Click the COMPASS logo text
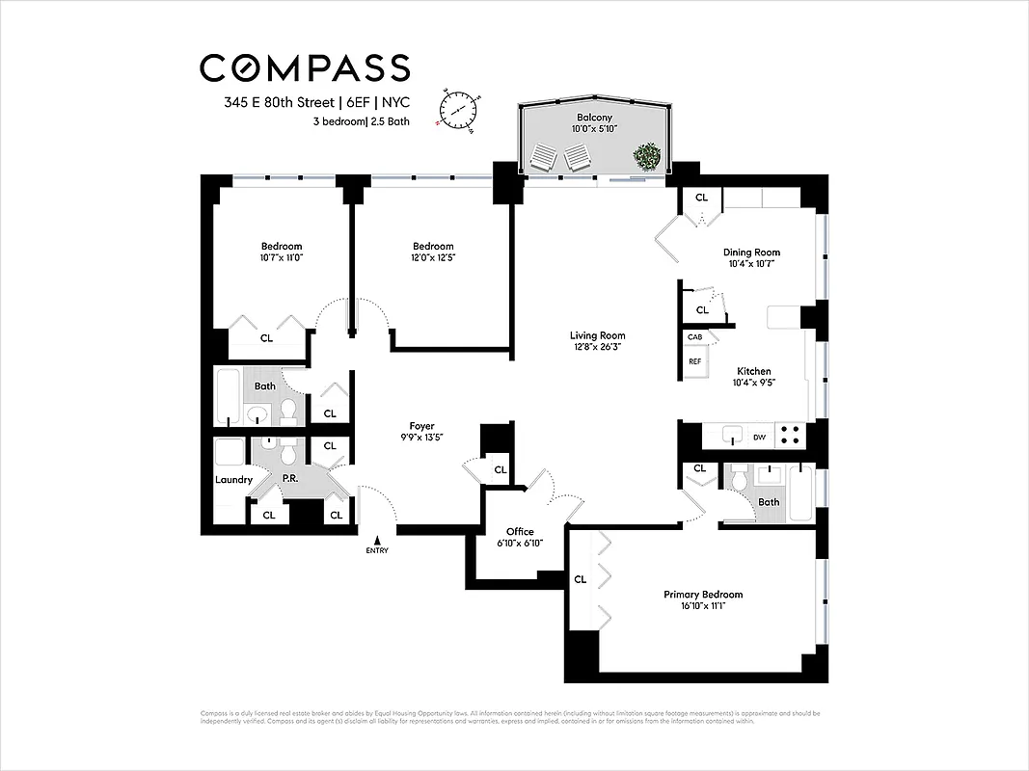coord(305,68)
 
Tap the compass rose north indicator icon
coord(458,108)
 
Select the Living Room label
coord(598,335)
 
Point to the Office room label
coord(520,531)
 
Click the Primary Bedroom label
coord(703,594)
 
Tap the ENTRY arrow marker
coord(378,544)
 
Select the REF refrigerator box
coord(694,361)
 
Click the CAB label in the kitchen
coord(694,337)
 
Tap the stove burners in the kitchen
coord(790,436)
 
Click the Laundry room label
coord(233,479)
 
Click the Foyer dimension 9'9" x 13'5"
coord(421,438)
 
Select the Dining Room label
coord(751,252)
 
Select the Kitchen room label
coord(754,370)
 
